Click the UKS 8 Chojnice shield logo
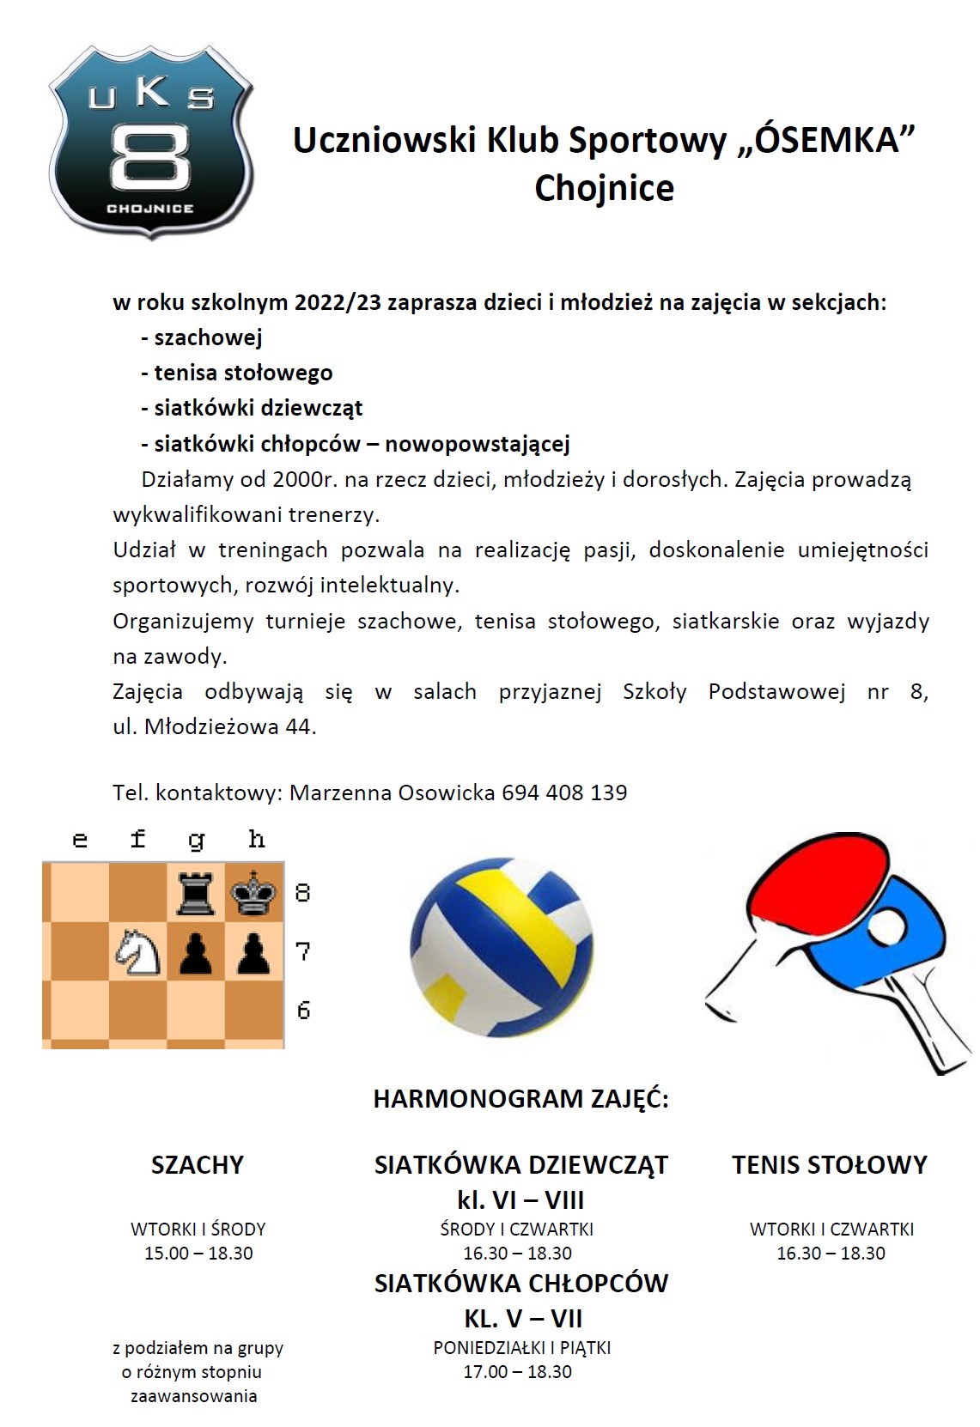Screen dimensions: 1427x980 (x=151, y=142)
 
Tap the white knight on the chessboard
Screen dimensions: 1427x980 (x=138, y=952)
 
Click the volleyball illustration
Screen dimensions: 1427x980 (x=502, y=949)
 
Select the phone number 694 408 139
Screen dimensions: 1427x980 (x=564, y=792)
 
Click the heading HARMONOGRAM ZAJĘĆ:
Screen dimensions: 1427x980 (x=520, y=1099)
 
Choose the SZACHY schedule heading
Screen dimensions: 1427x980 (x=198, y=1165)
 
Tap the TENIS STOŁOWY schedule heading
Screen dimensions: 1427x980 (x=830, y=1165)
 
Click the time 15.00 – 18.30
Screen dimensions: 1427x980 (x=198, y=1254)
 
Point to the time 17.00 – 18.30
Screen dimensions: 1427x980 (x=517, y=1372)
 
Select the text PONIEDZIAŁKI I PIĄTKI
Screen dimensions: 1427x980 (x=521, y=1348)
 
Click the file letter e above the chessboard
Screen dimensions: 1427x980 (x=80, y=840)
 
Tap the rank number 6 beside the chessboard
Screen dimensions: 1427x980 (x=303, y=1011)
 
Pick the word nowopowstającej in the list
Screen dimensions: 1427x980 (x=478, y=444)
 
